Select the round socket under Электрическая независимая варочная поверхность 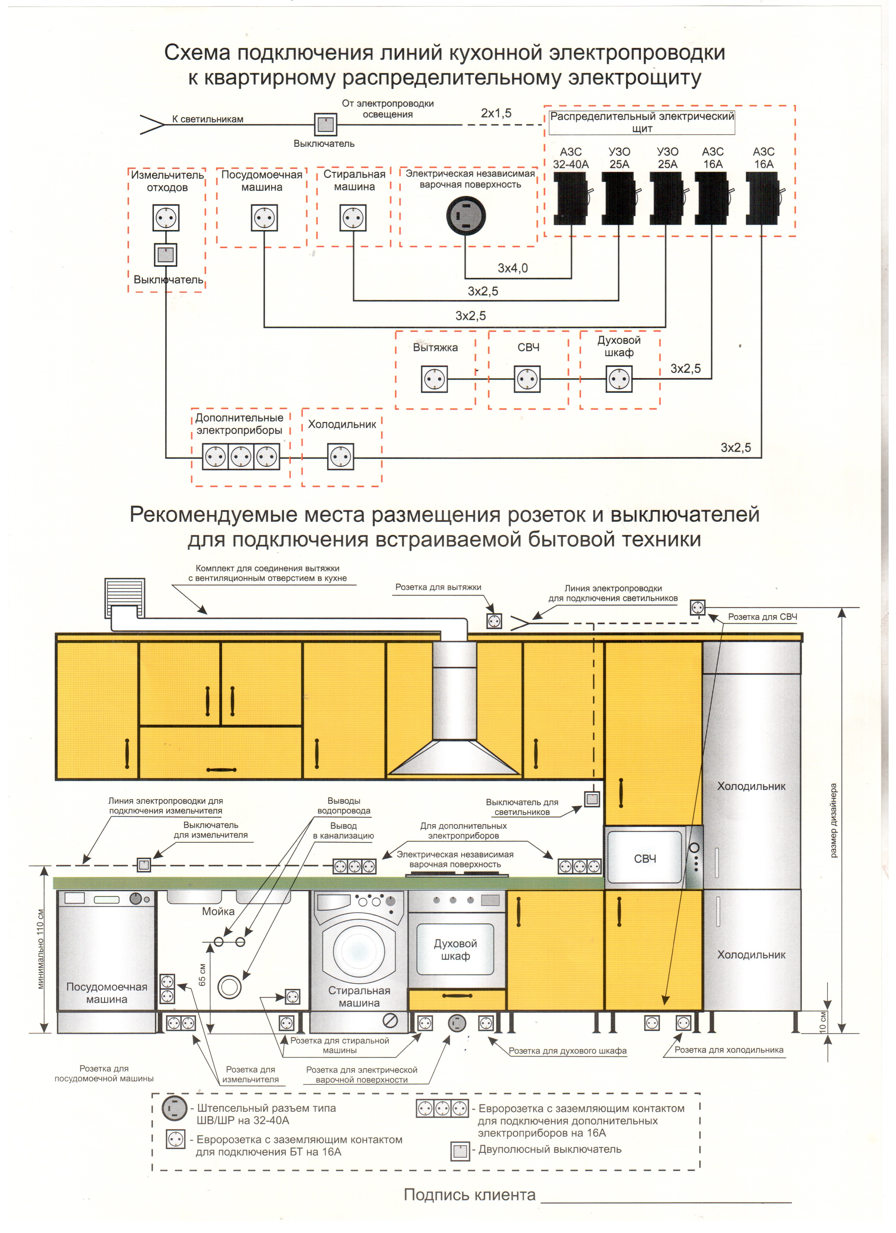pos(466,216)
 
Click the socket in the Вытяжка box pos(434,379)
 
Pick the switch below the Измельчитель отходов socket pos(165,254)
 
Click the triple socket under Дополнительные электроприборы pos(241,457)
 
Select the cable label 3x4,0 pos(512,268)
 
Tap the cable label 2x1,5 pos(496,113)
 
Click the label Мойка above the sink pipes pos(218,912)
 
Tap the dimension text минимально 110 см pos(41,949)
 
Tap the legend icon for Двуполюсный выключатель pos(460,1151)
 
